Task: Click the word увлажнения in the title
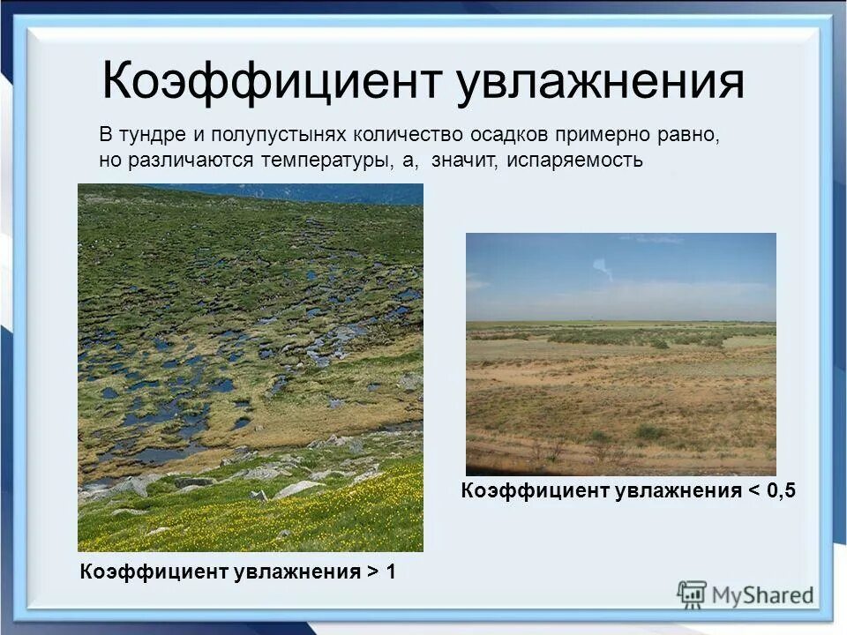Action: pyautogui.click(x=600, y=81)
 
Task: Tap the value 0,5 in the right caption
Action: pyautogui.click(x=781, y=491)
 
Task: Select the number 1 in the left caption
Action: pyautogui.click(x=390, y=571)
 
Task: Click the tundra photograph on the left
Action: pyautogui.click(x=251, y=367)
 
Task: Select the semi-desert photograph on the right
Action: pyautogui.click(x=621, y=354)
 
